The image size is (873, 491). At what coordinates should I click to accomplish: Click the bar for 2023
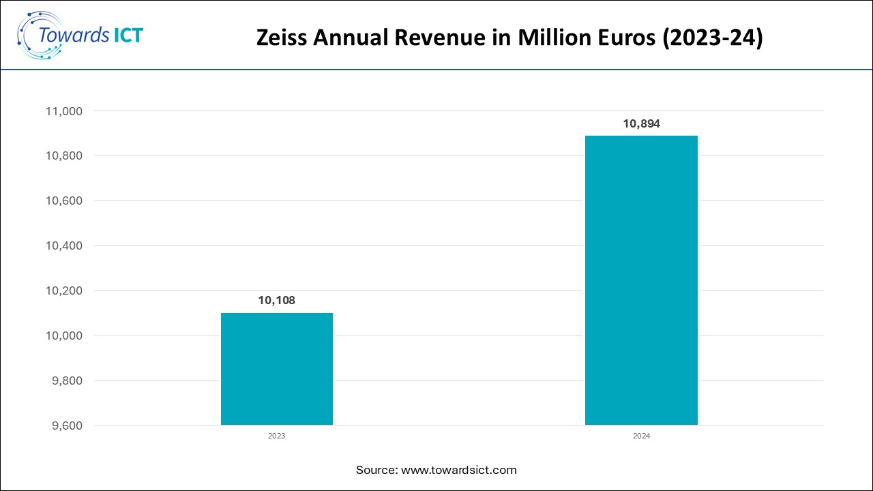277,369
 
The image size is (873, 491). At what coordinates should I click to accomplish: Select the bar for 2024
641,280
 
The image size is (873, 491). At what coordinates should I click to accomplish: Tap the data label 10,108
277,300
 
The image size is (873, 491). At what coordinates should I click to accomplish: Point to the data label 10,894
641,124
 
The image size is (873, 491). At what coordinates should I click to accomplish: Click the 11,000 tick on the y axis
63,111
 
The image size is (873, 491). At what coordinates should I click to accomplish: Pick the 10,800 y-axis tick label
63,156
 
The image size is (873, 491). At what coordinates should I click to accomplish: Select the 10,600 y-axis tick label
63,201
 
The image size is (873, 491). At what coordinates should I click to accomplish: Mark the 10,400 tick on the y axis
63,246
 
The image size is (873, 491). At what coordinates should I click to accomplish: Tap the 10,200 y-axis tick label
63,291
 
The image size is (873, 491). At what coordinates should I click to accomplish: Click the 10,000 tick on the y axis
63,336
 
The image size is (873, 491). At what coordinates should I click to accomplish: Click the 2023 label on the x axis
277,436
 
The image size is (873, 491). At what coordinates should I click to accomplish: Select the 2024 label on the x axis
641,436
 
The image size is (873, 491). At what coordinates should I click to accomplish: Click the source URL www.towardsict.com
458,470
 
